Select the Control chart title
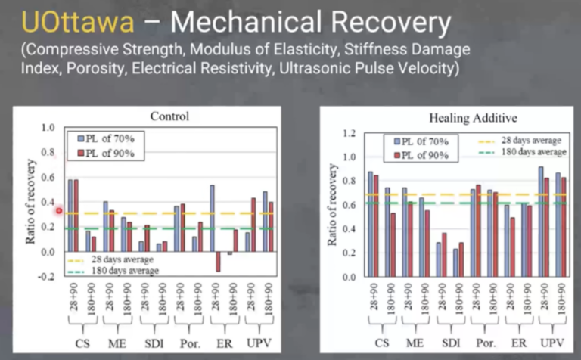169,117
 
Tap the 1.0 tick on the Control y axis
48,128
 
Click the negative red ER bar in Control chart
218,261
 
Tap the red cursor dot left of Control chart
58,211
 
